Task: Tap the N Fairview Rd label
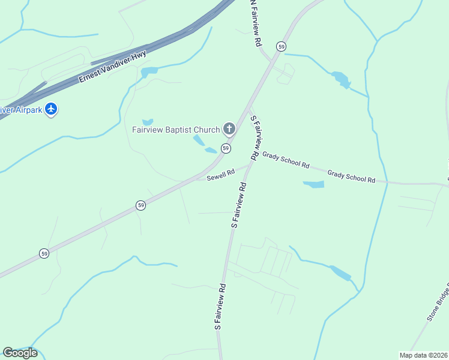click(256, 24)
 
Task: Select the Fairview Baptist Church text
click(175, 129)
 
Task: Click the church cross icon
click(229, 128)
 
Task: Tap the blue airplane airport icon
click(52, 109)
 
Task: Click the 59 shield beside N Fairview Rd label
click(281, 46)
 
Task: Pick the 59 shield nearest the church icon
click(226, 148)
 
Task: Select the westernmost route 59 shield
click(44, 254)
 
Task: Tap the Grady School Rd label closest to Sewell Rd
click(285, 161)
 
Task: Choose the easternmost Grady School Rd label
click(351, 176)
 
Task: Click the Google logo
click(20, 353)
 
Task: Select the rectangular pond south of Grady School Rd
click(313, 184)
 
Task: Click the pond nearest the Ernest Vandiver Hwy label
click(149, 72)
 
